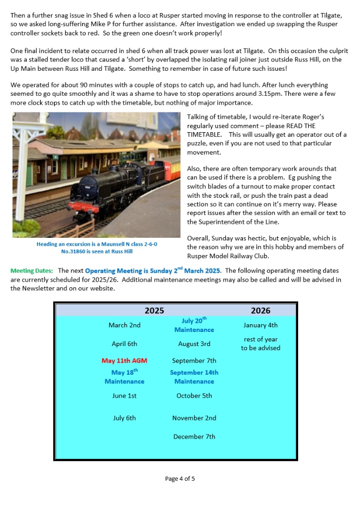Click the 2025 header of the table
(154, 311)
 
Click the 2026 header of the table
(260, 311)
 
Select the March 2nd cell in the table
(124, 325)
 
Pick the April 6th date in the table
(124, 344)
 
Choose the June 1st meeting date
(124, 396)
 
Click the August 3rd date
(194, 344)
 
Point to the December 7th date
(194, 437)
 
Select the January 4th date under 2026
(260, 325)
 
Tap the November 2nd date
(194, 418)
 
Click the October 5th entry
(194, 396)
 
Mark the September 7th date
(194, 361)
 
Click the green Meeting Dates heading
(32, 271)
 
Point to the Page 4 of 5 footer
(179, 479)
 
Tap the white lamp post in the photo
(21, 172)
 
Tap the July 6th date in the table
(124, 418)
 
